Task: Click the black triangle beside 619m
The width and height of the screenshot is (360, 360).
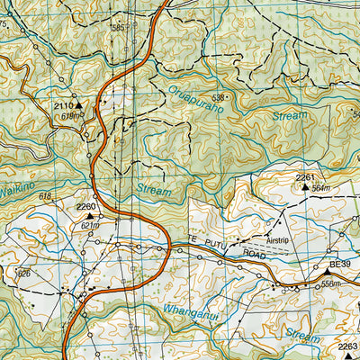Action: click(x=78, y=105)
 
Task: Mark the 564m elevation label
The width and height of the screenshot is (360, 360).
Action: click(x=321, y=188)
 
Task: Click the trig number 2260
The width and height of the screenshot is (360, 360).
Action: click(x=86, y=206)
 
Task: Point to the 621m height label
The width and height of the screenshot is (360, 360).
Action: click(x=89, y=225)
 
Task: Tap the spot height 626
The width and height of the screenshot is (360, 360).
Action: click(x=24, y=273)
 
